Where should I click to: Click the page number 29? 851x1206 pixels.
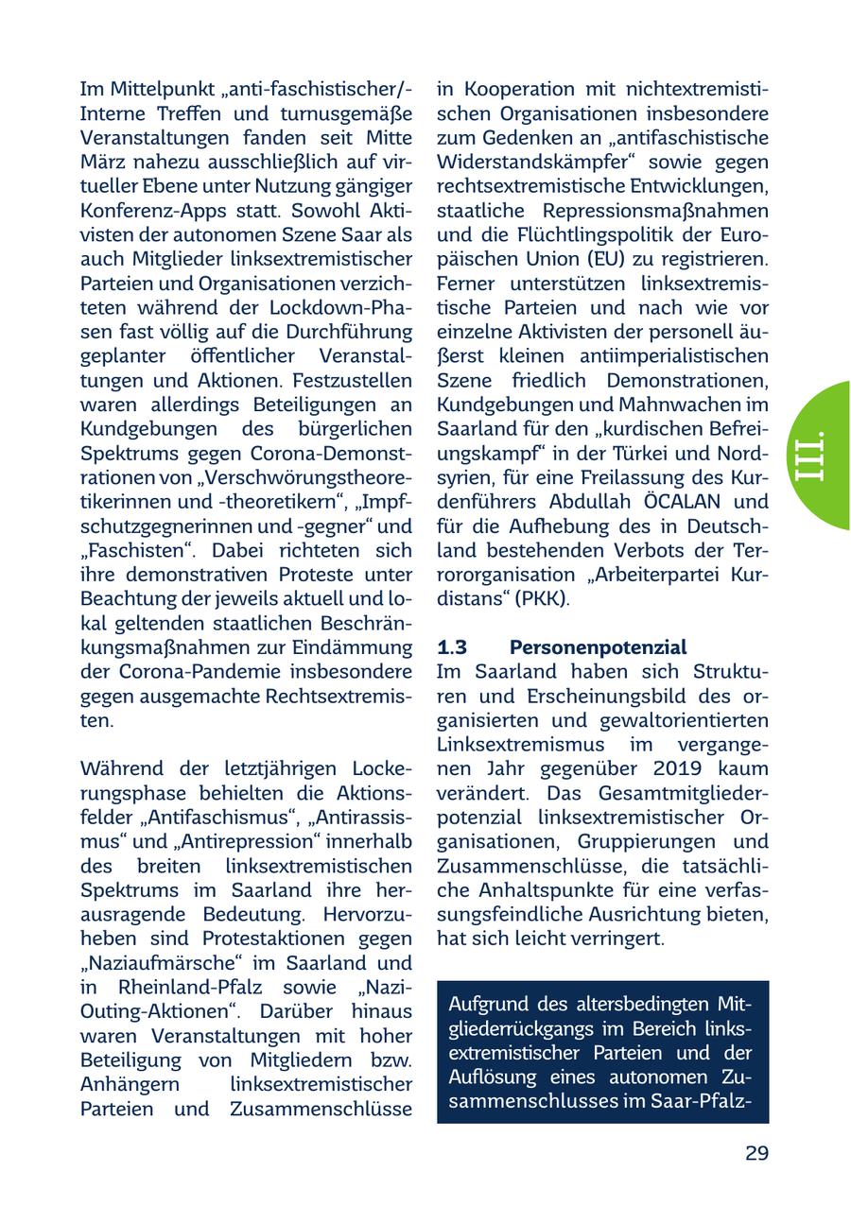(x=755, y=1153)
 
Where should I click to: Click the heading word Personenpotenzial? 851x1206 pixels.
(x=598, y=647)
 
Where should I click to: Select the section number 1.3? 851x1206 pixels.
(x=453, y=647)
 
